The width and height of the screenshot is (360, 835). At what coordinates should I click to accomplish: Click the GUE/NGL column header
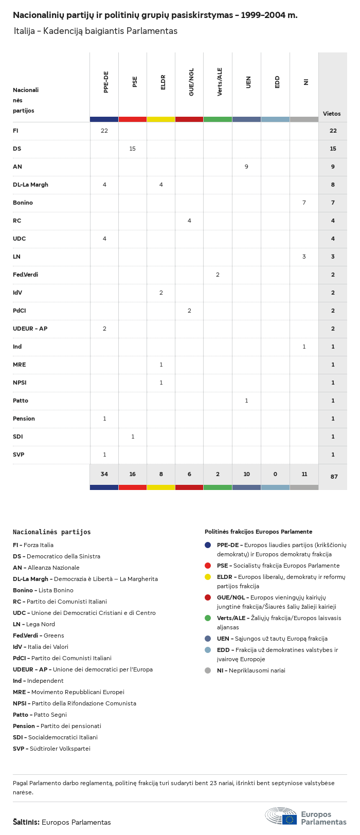coord(191,82)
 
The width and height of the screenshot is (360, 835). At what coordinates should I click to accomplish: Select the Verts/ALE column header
coord(220,82)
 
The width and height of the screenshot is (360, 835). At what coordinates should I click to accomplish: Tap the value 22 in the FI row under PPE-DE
coord(104,131)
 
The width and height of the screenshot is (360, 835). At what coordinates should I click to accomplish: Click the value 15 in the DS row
coord(132,149)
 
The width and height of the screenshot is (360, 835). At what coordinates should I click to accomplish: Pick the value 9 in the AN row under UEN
coord(246,167)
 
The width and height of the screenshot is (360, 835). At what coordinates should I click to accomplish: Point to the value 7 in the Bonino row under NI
coord(304,203)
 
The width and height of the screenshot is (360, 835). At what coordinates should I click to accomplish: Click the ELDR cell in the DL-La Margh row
coord(161,185)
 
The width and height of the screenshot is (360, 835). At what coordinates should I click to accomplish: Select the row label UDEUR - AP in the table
coord(30,329)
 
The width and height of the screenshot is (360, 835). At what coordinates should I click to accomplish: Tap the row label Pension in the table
coord(24,419)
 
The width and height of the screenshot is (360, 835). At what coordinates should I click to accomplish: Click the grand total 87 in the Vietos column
coord(334,477)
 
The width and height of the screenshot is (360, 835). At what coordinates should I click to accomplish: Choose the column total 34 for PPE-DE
coord(104,474)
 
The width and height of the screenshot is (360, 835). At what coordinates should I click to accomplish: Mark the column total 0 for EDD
coord(276,474)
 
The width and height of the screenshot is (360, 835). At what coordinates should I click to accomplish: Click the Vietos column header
coord(332,114)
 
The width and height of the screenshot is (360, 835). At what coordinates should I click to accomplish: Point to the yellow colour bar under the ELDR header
coord(161,119)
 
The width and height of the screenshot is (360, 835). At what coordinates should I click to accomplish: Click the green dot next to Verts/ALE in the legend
coord(208,618)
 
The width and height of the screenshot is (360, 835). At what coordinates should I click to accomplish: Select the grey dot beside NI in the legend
coord(208,670)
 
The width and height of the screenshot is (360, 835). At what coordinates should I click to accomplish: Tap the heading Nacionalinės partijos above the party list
coord(52,532)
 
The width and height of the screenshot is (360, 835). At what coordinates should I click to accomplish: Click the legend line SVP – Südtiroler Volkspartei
coord(51,749)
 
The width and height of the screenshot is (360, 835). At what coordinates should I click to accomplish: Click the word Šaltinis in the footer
coord(26,822)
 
